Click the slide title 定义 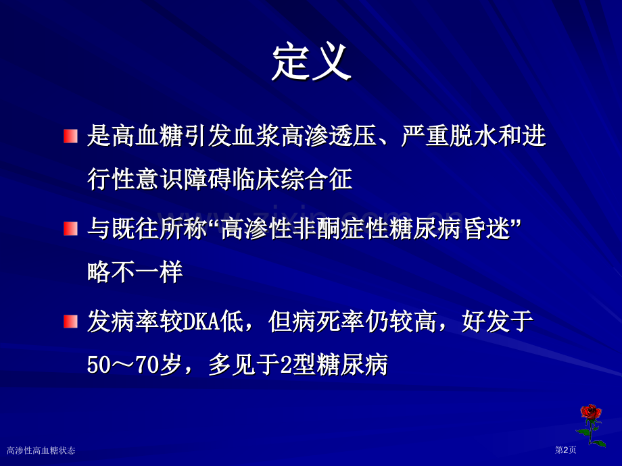311,63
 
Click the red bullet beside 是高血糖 70,136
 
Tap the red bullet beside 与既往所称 70,228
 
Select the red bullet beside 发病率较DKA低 70,321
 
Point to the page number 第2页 565,450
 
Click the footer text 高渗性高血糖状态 41,450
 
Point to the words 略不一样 135,272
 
